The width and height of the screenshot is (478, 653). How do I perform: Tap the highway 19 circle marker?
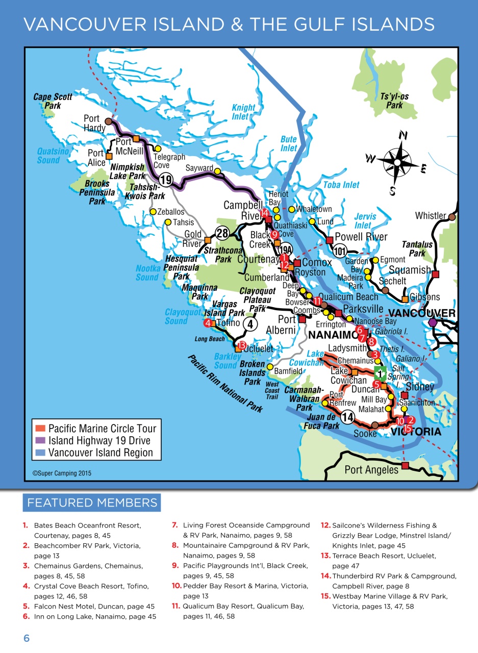tap(165, 180)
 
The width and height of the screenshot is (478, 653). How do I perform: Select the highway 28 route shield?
tap(221, 233)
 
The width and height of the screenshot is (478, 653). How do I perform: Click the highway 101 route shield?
tap(340, 251)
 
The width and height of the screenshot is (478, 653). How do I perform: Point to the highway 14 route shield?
tap(347, 417)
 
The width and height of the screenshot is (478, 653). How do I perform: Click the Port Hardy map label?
tap(94, 123)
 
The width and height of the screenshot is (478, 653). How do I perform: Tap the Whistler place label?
tap(430, 215)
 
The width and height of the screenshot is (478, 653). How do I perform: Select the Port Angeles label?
tap(371, 470)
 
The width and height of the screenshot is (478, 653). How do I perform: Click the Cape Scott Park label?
tap(53, 101)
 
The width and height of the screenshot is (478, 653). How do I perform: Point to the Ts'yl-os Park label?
tap(394, 101)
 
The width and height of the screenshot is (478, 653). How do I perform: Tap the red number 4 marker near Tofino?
tap(208, 323)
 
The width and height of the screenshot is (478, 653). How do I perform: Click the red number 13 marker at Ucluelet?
tap(242, 345)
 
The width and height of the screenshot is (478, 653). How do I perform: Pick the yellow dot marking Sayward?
tap(217, 171)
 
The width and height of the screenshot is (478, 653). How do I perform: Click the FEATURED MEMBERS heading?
tap(92, 503)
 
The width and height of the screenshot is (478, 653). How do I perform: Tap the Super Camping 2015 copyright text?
tap(62, 473)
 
